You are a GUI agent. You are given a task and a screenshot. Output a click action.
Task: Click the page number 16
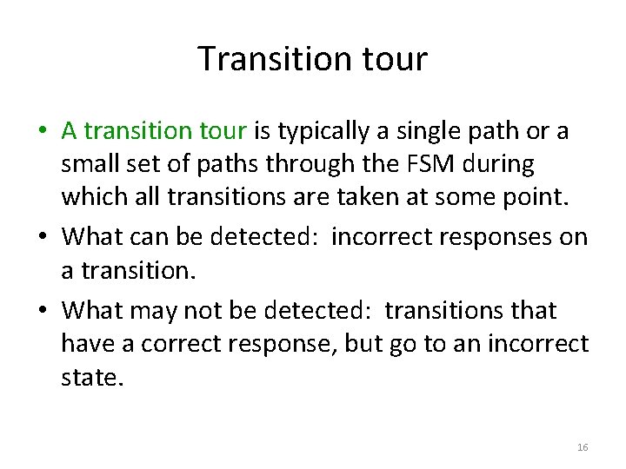(583, 447)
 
